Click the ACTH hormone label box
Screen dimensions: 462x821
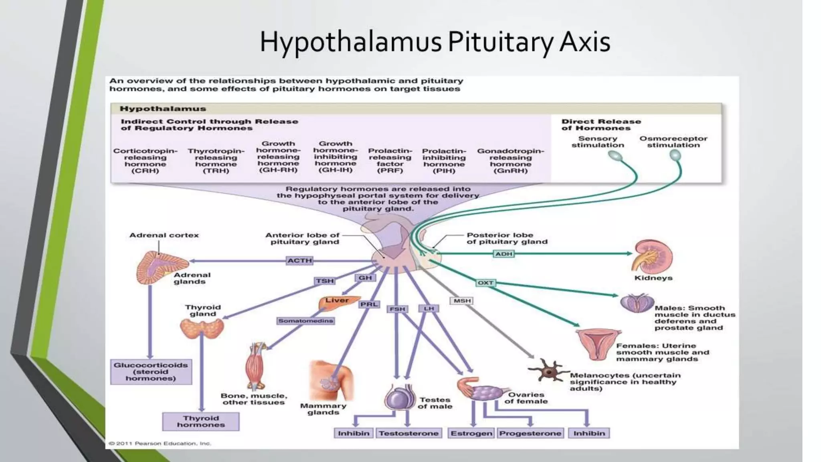pyautogui.click(x=299, y=261)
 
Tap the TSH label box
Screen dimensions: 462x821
pyautogui.click(x=324, y=281)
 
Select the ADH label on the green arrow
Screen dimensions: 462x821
pyautogui.click(x=504, y=254)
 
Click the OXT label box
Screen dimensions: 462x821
pyautogui.click(x=485, y=283)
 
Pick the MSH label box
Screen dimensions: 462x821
pyautogui.click(x=462, y=301)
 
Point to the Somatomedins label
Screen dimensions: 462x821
pyautogui.click(x=305, y=321)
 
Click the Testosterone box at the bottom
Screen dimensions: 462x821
pyautogui.click(x=408, y=434)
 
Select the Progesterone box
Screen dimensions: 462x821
pyautogui.click(x=530, y=434)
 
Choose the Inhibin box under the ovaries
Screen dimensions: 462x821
pyautogui.click(x=588, y=434)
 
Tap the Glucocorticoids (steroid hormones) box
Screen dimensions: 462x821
pyautogui.click(x=151, y=372)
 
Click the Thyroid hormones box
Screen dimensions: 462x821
pyautogui.click(x=201, y=421)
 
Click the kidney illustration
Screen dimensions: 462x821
pyautogui.click(x=651, y=257)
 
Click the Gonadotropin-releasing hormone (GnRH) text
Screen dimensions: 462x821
pyautogui.click(x=510, y=161)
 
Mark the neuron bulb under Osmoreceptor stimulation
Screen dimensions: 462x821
pyautogui.click(x=675, y=155)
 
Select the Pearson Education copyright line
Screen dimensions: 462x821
pyautogui.click(x=160, y=444)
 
